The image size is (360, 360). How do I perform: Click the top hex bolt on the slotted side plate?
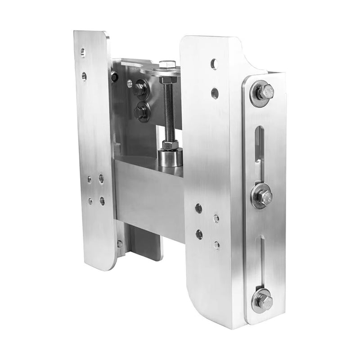(x=263, y=93)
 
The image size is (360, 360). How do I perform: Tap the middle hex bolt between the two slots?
(x=262, y=196)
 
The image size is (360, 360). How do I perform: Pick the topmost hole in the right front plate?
(x=214, y=64)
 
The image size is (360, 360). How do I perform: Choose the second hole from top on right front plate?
(x=215, y=93)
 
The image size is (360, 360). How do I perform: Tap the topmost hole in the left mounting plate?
(x=83, y=53)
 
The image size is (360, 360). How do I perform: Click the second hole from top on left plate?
(x=84, y=76)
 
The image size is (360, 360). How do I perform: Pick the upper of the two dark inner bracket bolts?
(x=140, y=88)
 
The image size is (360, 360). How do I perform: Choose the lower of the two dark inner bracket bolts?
(x=142, y=111)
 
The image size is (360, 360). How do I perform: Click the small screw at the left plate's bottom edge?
(x=120, y=244)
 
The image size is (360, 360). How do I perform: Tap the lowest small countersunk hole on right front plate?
(x=216, y=245)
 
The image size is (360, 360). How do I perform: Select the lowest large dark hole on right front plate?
(x=199, y=234)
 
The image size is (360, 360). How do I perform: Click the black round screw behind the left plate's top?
(x=115, y=77)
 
